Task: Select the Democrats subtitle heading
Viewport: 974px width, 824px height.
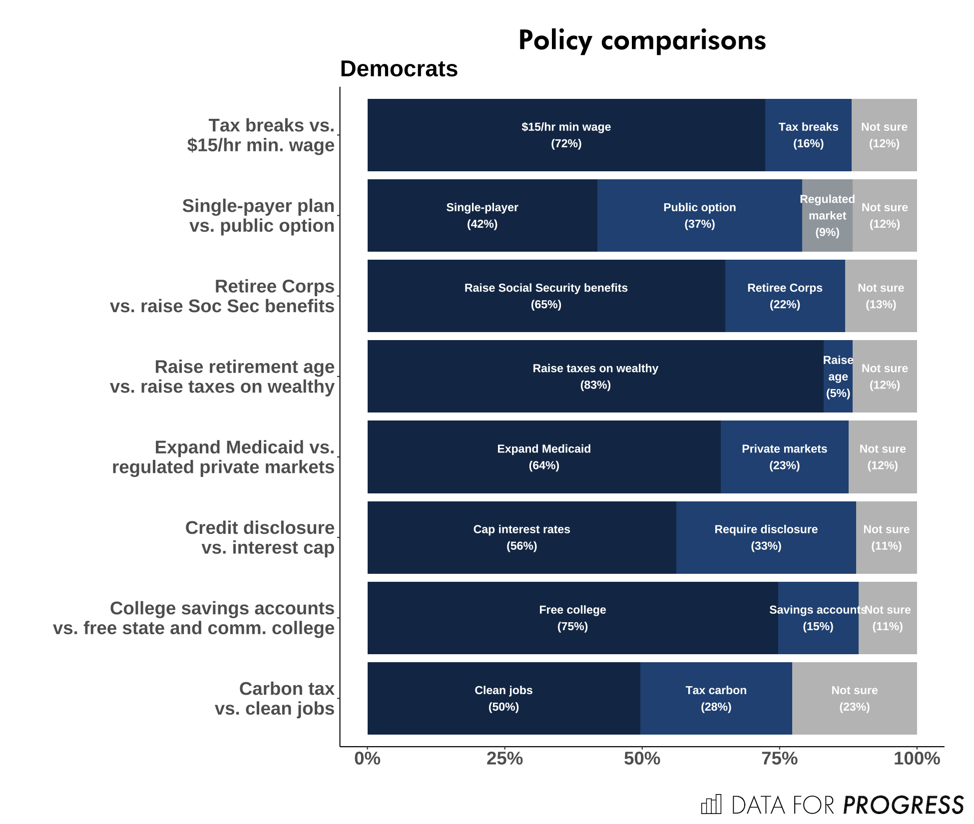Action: (x=399, y=69)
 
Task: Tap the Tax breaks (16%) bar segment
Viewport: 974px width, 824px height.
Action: (x=808, y=135)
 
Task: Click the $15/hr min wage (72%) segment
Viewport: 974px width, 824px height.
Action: (x=566, y=135)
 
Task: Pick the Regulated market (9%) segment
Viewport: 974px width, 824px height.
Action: (x=827, y=216)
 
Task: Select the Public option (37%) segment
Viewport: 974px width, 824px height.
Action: (x=699, y=216)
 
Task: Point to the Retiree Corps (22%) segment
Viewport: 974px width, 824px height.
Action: (x=785, y=296)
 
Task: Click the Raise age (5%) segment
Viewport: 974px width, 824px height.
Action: (x=838, y=377)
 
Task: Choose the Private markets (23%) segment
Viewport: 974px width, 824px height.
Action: (x=784, y=457)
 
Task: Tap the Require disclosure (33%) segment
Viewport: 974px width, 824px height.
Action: (x=766, y=537)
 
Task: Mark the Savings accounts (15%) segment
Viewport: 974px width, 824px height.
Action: (x=818, y=618)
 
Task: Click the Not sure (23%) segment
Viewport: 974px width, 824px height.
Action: (x=854, y=699)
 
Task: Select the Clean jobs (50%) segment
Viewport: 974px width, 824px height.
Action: (x=503, y=699)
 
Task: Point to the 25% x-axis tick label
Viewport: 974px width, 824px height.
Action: (x=504, y=759)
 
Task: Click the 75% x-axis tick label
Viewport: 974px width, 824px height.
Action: (x=779, y=759)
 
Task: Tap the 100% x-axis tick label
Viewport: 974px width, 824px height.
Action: (x=917, y=759)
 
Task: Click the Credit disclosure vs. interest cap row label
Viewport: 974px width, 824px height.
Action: (x=260, y=538)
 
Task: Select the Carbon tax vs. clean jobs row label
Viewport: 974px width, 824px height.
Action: (x=275, y=699)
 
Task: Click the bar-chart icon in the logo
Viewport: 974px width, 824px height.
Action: (x=711, y=805)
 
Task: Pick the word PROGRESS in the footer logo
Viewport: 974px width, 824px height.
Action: (x=903, y=805)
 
